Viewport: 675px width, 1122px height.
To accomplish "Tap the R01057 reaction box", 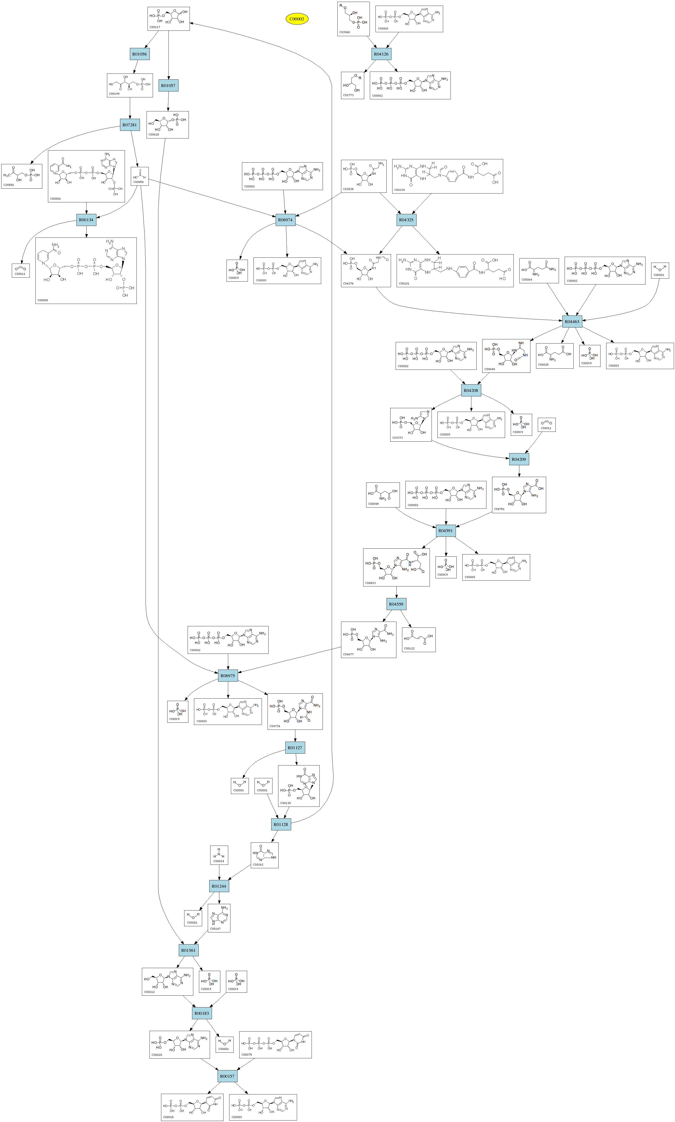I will click(x=168, y=86).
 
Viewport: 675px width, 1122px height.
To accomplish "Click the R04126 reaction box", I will click(x=381, y=54).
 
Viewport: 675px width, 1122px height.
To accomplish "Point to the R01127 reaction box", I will click(x=295, y=748).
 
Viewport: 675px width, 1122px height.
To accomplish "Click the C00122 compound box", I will click(x=419, y=640).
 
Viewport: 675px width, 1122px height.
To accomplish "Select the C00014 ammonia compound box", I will click(x=219, y=855).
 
